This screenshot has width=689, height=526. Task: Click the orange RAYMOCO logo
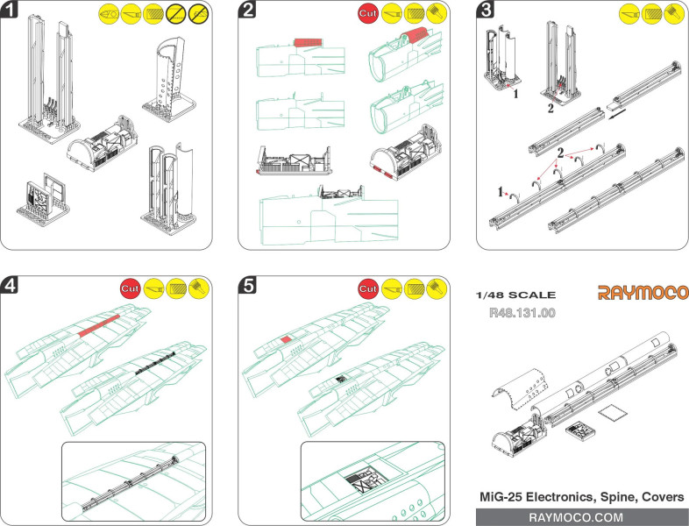click(x=643, y=293)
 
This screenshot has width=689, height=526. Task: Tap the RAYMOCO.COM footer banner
click(x=581, y=516)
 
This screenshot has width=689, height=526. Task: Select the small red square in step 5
click(x=286, y=338)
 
